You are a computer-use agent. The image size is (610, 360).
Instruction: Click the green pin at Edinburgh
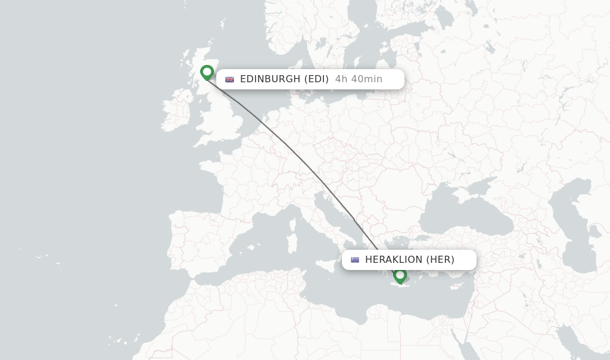207,72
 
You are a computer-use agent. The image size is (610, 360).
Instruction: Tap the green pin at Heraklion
400,275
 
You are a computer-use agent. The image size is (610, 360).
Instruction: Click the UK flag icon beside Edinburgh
229,79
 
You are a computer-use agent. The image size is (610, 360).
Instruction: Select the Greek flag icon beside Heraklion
355,260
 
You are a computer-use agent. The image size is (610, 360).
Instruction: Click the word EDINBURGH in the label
270,79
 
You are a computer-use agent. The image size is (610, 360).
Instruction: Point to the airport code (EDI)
316,79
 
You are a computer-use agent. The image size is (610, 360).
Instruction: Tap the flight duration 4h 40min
359,79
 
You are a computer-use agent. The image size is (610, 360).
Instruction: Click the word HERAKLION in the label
393,260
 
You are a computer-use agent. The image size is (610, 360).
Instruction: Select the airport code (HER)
440,260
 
